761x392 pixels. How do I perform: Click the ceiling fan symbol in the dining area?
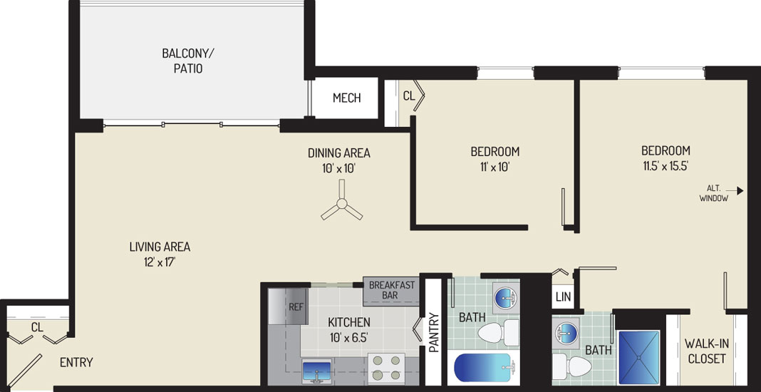[342, 202]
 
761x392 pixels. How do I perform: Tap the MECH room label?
[346, 98]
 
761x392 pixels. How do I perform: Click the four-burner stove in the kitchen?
[386, 368]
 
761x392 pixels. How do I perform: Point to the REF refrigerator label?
[296, 307]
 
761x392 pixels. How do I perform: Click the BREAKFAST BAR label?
[392, 290]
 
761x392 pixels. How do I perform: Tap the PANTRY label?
[435, 333]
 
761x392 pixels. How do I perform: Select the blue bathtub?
[483, 368]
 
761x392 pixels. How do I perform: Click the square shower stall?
[639, 358]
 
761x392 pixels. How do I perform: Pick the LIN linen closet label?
[564, 296]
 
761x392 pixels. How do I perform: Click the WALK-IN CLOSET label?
[706, 351]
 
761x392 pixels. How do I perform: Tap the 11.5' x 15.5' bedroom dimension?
[666, 165]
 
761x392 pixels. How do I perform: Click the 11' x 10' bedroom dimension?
[495, 167]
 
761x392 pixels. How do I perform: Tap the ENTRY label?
[76, 362]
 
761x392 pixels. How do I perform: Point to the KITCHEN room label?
[349, 321]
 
